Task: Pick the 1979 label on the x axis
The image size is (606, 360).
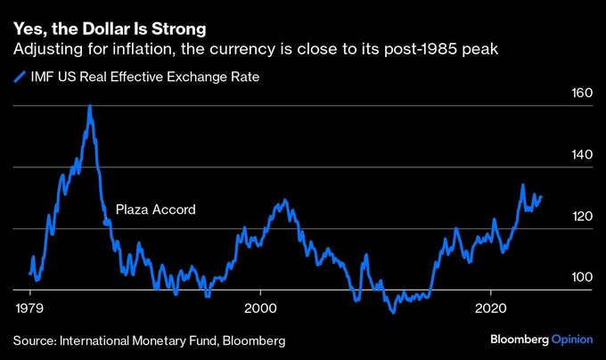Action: coord(31,307)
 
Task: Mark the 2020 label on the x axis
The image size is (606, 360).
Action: coord(491,307)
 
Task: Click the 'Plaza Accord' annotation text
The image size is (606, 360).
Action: coord(156,210)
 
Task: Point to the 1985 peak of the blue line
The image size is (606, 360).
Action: coord(90,106)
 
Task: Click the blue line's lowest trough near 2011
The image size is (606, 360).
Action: coord(391,311)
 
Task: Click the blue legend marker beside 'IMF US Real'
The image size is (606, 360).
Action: coord(19,78)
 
